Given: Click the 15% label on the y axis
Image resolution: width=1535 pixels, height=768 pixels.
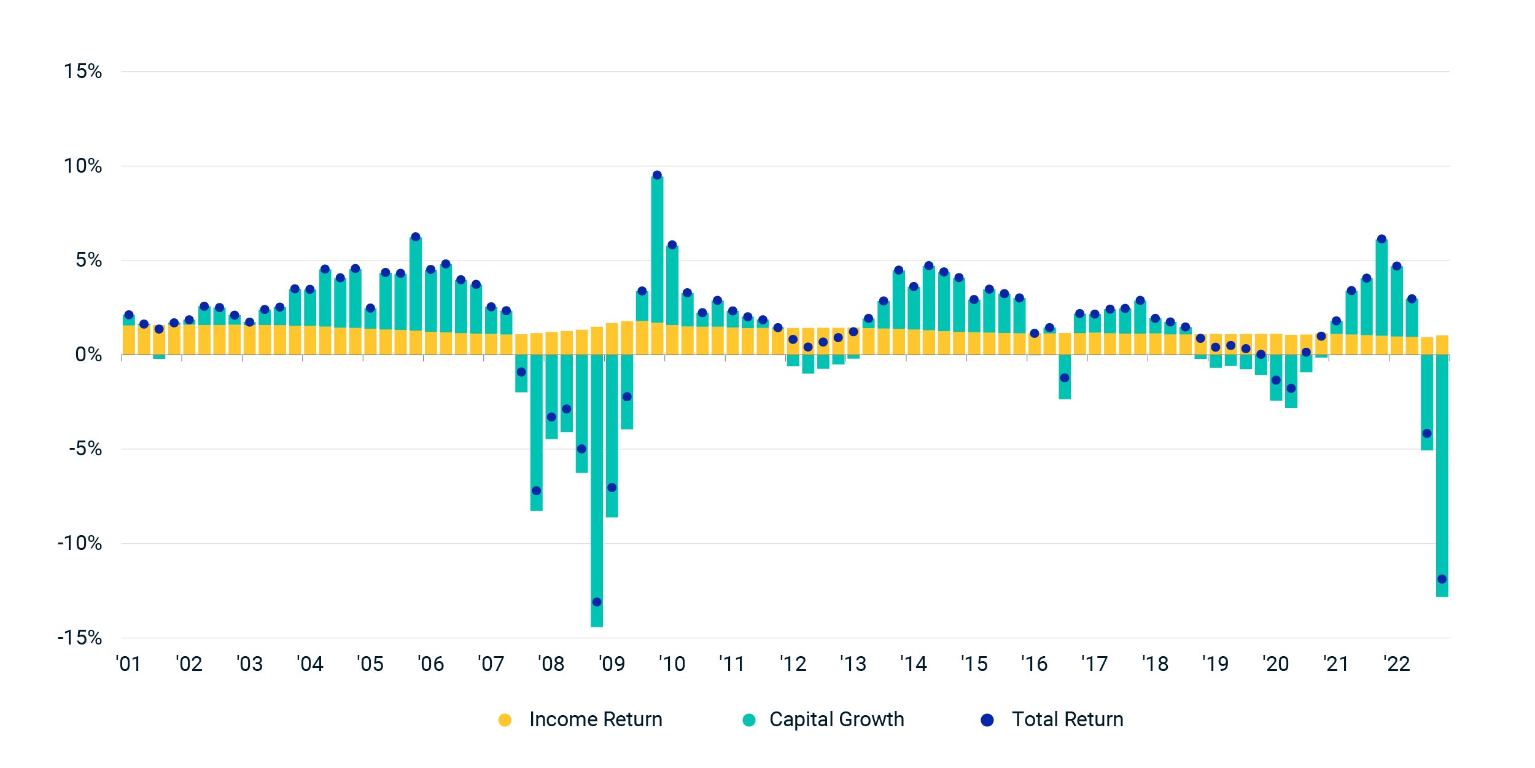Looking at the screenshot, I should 83,71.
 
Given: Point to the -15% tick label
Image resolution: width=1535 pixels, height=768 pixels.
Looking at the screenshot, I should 80,637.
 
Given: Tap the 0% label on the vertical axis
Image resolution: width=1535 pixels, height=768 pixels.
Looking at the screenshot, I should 88,355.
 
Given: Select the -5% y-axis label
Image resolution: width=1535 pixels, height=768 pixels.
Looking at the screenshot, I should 85,449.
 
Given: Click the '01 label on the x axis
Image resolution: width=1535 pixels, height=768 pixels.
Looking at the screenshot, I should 128,664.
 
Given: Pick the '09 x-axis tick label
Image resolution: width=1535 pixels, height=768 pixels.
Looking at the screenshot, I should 612,664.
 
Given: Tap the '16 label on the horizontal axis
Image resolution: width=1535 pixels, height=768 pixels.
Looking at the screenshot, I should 1034,664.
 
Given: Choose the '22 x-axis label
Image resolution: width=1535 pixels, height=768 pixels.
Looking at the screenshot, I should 1396,664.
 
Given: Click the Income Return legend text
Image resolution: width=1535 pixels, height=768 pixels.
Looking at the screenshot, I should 596,719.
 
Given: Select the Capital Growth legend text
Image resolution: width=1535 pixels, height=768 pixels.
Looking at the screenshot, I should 836,719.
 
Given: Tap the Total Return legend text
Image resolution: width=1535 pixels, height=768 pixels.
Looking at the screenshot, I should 1067,719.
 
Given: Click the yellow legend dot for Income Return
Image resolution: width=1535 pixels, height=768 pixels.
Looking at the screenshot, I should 505,720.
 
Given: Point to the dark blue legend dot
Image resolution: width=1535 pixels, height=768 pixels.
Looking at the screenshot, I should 987,720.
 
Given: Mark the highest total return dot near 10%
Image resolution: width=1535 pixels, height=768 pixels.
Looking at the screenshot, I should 657,175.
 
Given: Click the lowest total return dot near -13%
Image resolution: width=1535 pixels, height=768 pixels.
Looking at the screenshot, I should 597,601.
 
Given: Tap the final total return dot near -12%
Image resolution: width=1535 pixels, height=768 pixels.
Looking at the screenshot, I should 1442,579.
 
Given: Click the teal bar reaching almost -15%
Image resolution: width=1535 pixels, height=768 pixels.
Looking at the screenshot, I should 597,492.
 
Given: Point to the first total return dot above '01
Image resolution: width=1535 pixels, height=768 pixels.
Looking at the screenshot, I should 129,315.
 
